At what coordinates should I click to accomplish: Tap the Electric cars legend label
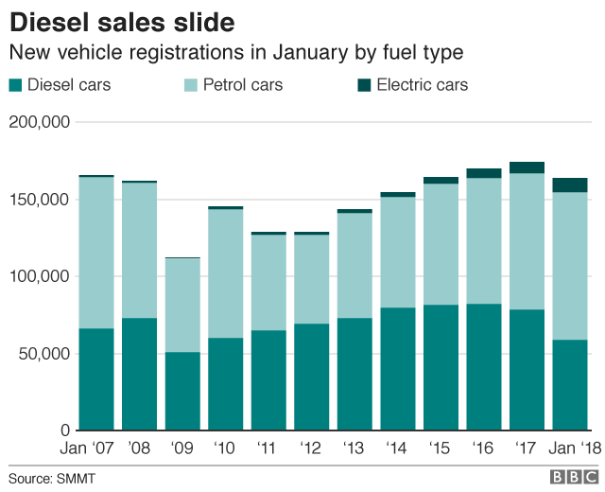(x=422, y=85)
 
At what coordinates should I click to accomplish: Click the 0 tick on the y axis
(x=62, y=430)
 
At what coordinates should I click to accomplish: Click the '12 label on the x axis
(x=312, y=449)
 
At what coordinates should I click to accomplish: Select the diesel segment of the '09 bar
(x=182, y=391)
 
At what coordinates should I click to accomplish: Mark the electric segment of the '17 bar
(x=527, y=167)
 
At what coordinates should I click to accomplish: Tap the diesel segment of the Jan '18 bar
(x=570, y=385)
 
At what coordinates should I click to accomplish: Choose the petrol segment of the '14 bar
(x=398, y=252)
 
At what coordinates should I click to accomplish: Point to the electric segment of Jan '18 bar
(x=570, y=184)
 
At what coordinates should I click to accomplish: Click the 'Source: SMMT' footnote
(x=53, y=479)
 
